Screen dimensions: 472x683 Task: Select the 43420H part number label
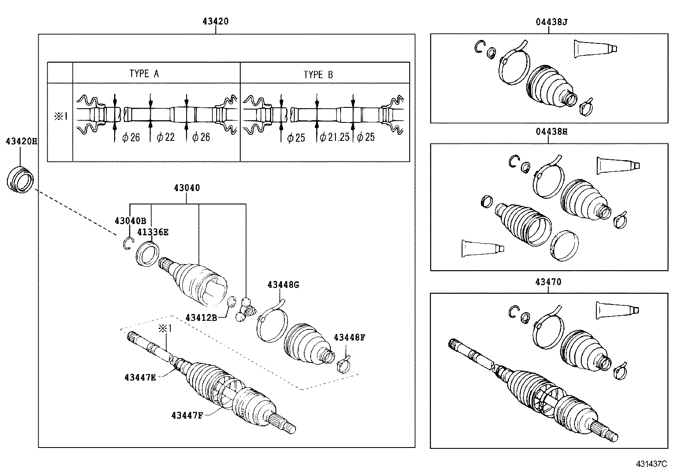21,141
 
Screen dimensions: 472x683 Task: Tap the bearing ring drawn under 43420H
21,180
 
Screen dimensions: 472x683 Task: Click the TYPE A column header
144,74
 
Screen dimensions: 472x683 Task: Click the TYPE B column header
318,75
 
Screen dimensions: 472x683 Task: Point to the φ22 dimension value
166,137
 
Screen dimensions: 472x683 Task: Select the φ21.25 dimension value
335,137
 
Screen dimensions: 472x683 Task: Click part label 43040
187,188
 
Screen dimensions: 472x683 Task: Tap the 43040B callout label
130,221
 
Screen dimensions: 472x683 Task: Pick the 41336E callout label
153,232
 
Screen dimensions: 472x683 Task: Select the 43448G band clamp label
283,284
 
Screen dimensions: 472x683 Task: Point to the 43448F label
349,338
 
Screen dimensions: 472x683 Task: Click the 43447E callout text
140,378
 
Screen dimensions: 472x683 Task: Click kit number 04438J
551,21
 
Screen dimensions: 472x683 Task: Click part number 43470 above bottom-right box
548,282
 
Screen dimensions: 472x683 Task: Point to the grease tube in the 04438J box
595,48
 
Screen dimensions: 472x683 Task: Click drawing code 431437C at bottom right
652,464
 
